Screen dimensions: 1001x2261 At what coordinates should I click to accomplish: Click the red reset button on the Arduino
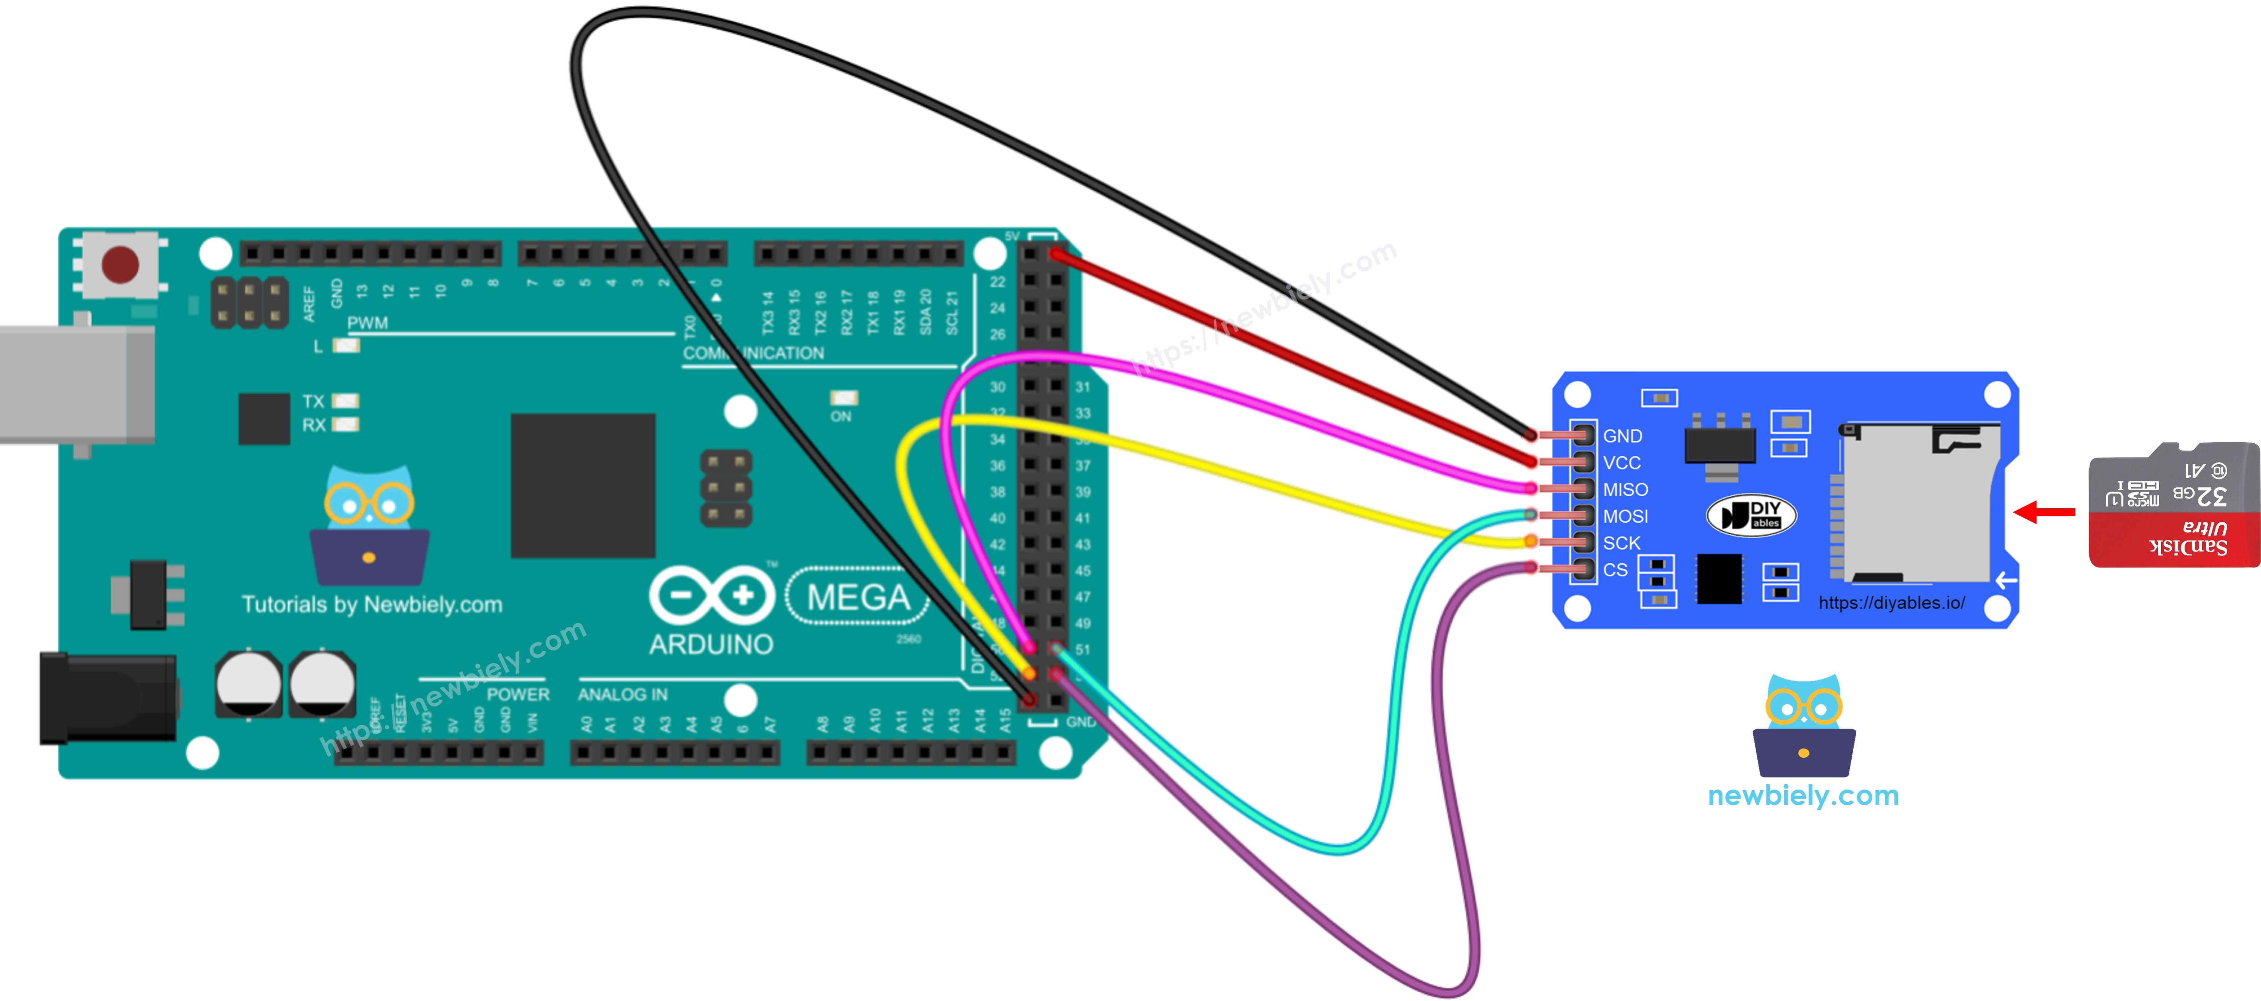120,263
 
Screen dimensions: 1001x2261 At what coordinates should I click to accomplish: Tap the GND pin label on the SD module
1622,437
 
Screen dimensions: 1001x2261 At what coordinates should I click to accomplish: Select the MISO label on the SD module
1625,490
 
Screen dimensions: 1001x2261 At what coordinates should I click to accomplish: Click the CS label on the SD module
1615,570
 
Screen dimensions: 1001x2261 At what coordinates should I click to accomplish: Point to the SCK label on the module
1621,544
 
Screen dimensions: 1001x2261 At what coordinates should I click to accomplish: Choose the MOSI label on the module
1625,516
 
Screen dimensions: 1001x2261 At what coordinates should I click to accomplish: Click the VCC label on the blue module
1621,463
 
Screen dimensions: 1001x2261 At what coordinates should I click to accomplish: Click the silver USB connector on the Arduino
75,384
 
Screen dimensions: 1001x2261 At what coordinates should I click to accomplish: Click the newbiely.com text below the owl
1803,796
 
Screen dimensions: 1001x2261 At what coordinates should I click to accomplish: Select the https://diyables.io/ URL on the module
1892,603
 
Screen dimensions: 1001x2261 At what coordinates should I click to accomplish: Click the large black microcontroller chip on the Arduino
583,486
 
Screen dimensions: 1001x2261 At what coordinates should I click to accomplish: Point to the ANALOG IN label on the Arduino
622,695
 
